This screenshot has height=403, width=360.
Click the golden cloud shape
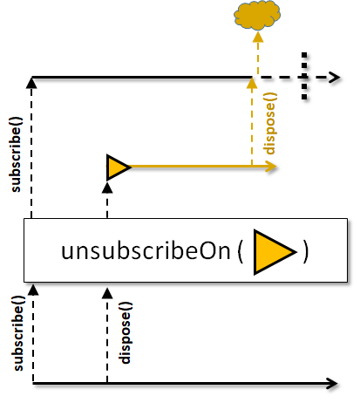pyautogui.click(x=257, y=15)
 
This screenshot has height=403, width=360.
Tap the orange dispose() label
pyautogui.click(x=270, y=124)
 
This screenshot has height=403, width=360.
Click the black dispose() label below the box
pyautogui.click(x=126, y=333)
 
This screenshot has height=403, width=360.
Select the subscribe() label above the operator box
pyautogui.click(x=16, y=154)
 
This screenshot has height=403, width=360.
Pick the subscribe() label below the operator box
pyautogui.click(x=18, y=333)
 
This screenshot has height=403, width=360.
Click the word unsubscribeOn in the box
pyautogui.click(x=146, y=251)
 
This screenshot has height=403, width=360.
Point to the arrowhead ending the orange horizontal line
pyautogui.click(x=271, y=167)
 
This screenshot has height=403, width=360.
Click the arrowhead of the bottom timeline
pyautogui.click(x=332, y=384)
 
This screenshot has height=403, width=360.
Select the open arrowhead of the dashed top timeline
pyautogui.click(x=335, y=78)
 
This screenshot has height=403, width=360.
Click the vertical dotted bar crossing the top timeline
pyautogui.click(x=304, y=77)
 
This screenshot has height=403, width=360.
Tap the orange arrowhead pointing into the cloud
pyautogui.click(x=258, y=38)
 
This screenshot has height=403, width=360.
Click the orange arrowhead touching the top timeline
pyautogui.click(x=252, y=83)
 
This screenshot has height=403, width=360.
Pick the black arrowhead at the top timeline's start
pyautogui.click(x=31, y=83)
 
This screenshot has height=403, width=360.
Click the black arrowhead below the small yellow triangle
pyautogui.click(x=107, y=188)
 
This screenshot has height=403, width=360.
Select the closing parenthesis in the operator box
pyautogui.click(x=305, y=252)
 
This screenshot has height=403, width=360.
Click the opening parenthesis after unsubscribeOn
pyautogui.click(x=241, y=252)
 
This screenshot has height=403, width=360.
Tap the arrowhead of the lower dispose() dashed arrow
pyautogui.click(x=107, y=293)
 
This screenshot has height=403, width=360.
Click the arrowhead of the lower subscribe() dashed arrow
pyautogui.click(x=33, y=290)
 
